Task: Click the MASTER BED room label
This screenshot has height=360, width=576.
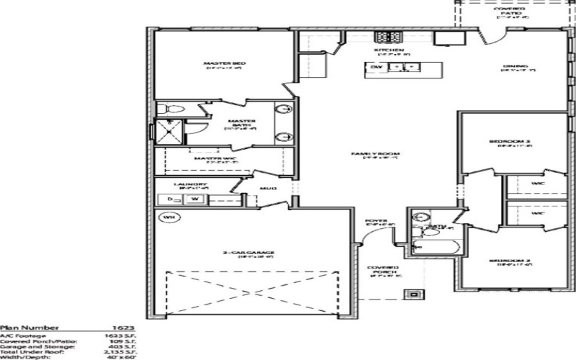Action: [225, 64]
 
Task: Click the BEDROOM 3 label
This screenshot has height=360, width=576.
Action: [513, 142]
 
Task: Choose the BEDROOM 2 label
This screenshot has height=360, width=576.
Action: [513, 261]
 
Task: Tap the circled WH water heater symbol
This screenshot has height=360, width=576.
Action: [168, 217]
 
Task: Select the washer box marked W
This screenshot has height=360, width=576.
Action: [195, 198]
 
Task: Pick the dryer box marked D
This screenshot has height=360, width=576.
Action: [170, 198]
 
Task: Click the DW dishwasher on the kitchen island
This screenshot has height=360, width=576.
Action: [376, 68]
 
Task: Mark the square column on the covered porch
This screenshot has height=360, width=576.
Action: [415, 293]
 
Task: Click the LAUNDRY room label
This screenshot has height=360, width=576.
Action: [176, 184]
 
